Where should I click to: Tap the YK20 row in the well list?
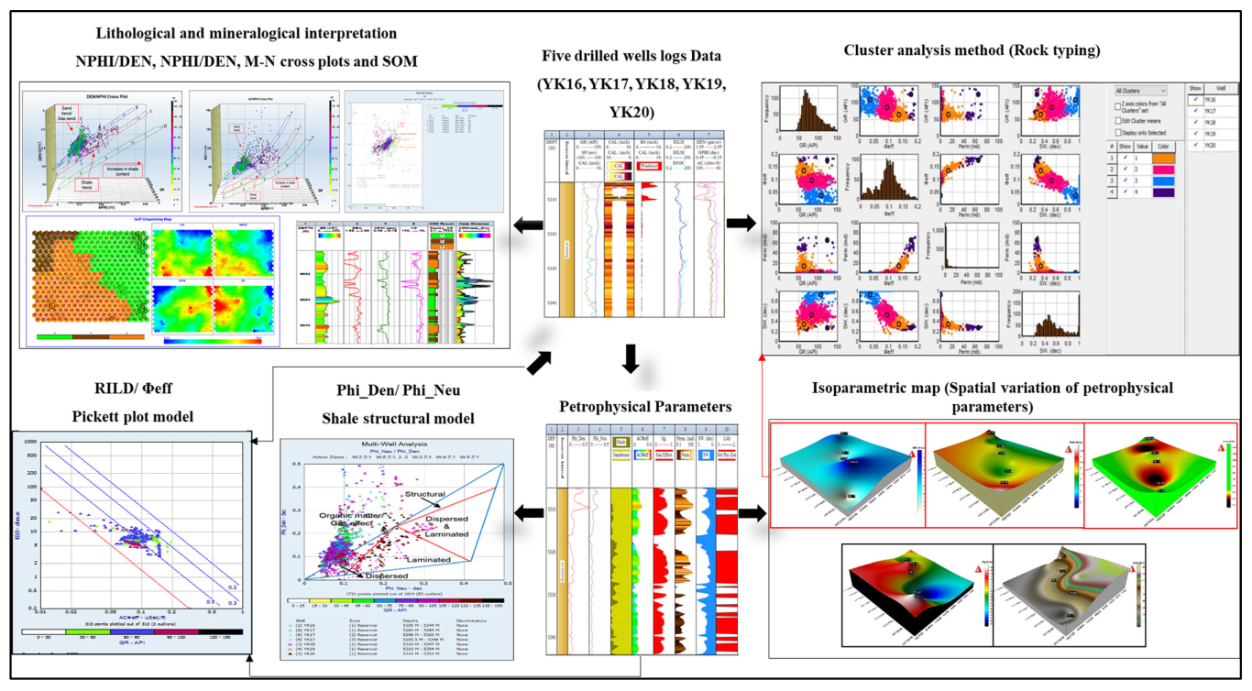[1212, 146]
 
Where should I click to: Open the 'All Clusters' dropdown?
[1140, 92]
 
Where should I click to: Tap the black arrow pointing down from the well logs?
[630, 357]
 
